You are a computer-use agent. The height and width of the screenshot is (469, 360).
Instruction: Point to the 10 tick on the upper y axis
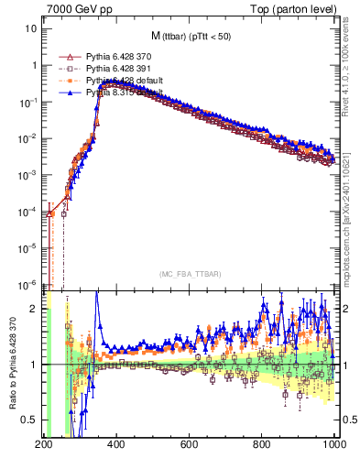(31, 29)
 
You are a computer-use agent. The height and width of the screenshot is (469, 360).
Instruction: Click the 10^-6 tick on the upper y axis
(27, 284)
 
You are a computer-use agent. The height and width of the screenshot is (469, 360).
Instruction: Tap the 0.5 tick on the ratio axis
(30, 420)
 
